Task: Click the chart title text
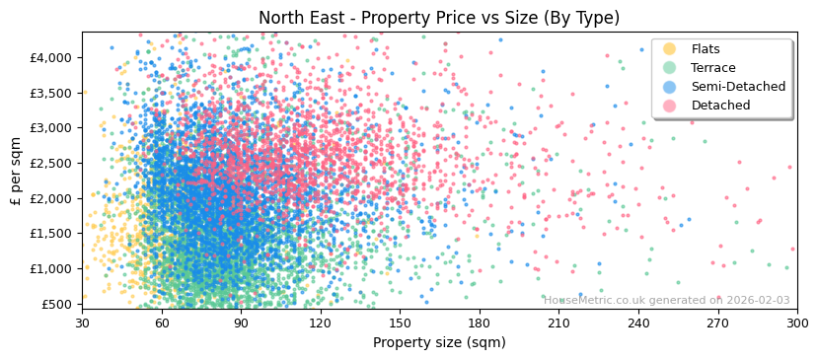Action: [x=439, y=18]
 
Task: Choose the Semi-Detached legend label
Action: [x=738, y=87]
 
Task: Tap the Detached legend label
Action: [x=720, y=106]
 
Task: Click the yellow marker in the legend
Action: [x=669, y=49]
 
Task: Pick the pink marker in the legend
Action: [x=669, y=106]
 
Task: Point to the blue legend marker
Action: [x=669, y=87]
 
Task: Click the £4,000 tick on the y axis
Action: [x=51, y=57]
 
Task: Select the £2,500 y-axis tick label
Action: [x=51, y=163]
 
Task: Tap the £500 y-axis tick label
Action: [x=57, y=304]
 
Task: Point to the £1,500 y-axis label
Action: [x=51, y=234]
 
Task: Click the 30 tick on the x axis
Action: [x=82, y=324]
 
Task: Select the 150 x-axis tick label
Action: [x=400, y=324]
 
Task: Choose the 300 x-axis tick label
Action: [x=796, y=324]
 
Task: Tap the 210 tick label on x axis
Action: [x=558, y=324]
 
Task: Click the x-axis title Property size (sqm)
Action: [x=439, y=343]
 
